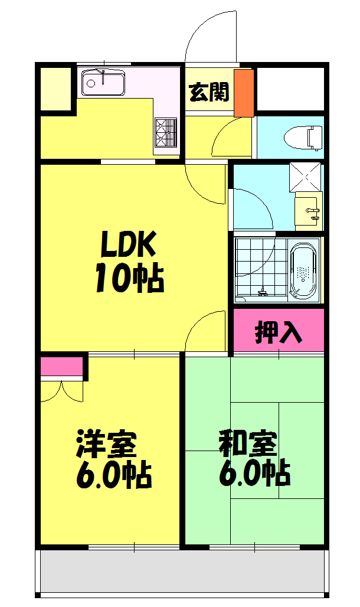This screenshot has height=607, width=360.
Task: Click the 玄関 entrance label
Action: coord(209,92)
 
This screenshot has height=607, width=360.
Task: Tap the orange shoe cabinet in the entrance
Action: coord(243,93)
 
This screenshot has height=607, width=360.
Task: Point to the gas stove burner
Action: coord(166,132)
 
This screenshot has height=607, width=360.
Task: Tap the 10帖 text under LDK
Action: coord(129,278)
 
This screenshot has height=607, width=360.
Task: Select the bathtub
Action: coord(305,271)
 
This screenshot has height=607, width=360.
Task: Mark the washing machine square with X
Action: coord(306,177)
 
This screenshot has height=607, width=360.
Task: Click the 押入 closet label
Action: coord(279,332)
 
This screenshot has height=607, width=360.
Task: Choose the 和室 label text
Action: coord(248,445)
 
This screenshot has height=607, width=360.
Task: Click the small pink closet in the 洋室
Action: coord(61,366)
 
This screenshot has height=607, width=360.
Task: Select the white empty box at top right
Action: coord(290,89)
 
